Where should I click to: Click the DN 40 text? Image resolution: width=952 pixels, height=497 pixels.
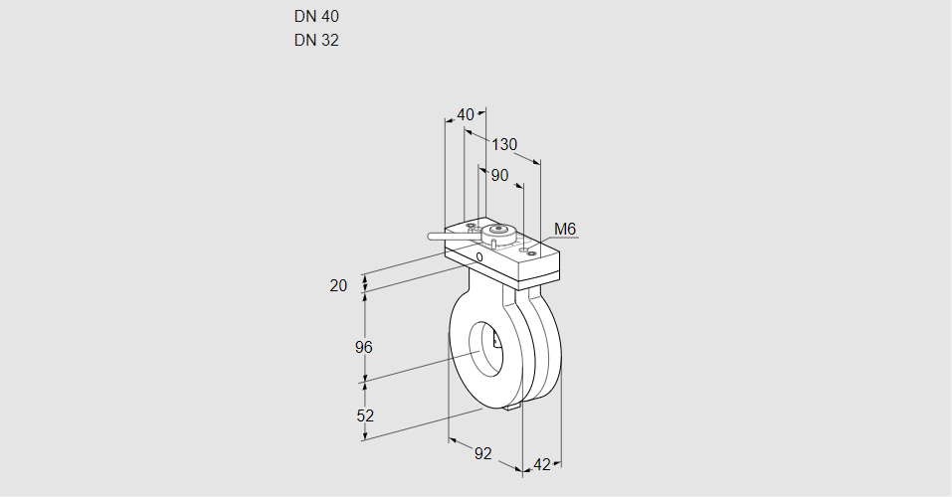click(x=316, y=17)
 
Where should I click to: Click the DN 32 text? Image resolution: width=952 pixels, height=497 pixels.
click(x=316, y=41)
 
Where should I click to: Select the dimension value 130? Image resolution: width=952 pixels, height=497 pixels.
click(x=504, y=144)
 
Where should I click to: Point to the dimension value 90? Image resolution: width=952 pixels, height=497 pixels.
click(x=499, y=175)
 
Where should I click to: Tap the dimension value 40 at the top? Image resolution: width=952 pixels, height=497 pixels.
click(x=466, y=114)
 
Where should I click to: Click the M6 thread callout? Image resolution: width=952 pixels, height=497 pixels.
click(x=565, y=230)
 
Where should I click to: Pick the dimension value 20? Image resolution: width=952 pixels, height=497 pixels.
click(x=339, y=285)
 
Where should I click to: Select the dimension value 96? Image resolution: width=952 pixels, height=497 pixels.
click(x=363, y=347)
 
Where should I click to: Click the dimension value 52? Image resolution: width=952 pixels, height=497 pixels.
click(x=365, y=415)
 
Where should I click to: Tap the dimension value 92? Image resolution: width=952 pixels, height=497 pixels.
click(x=482, y=453)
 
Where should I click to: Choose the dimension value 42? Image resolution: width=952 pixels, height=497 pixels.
click(x=542, y=464)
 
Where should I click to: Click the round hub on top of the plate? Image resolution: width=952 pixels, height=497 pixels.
click(x=501, y=233)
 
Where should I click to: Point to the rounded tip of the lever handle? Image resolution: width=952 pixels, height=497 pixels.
click(x=431, y=237)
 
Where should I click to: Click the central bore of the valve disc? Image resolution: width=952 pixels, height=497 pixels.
click(x=487, y=348)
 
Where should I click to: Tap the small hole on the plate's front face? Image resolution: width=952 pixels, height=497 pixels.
click(x=479, y=257)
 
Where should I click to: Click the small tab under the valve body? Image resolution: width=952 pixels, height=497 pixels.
click(x=513, y=406)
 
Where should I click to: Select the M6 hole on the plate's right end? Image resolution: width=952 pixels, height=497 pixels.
click(x=531, y=253)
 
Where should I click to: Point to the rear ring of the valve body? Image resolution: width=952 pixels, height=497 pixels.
click(x=550, y=343)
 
